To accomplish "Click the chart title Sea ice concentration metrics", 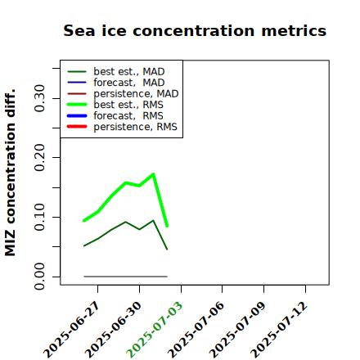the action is click(x=195, y=30).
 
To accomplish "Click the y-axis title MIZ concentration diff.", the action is click(x=10, y=173).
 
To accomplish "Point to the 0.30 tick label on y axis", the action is click(x=40, y=98).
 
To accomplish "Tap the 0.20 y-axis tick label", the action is click(x=40, y=158).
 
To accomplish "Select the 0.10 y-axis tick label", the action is click(x=40, y=217).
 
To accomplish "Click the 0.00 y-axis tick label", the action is click(x=40, y=277).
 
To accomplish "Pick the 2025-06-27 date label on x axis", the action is click(x=72, y=330).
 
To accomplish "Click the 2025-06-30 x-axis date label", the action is click(x=114, y=330).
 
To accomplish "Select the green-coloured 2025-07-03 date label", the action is click(x=155, y=330).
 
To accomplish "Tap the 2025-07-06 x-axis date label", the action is click(x=196, y=330).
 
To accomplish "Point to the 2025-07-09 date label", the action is click(x=238, y=330).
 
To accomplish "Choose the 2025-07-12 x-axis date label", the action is click(x=280, y=330).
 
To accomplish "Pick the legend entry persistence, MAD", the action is click(x=123, y=93).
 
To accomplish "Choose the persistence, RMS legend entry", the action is click(x=122, y=127).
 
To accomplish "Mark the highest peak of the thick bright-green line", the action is click(x=153, y=174).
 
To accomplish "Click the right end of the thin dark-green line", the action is click(x=167, y=250).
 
